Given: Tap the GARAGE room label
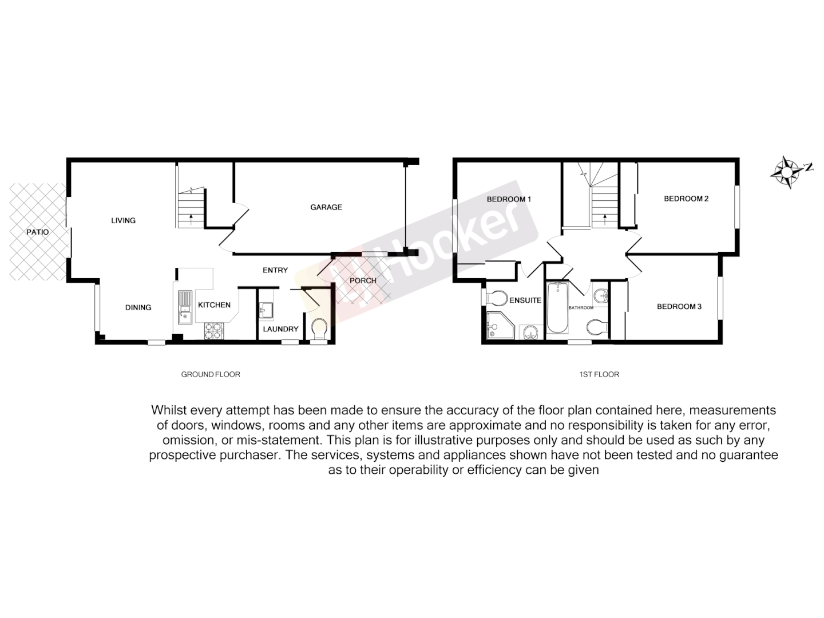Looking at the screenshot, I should pos(326,207).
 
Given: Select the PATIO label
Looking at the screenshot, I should pos(38,232).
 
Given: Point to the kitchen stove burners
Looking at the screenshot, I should pos(214,330).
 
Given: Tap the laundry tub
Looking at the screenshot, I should pos(267,310).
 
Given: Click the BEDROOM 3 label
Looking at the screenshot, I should pos(679,307).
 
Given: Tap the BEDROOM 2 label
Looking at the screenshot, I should pos(686,199).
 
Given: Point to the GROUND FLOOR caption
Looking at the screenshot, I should pos(211,374).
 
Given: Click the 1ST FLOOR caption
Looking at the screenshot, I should pos(599,374).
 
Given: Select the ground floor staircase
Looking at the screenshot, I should pos(191,209).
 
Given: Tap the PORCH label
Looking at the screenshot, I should pos(363,281).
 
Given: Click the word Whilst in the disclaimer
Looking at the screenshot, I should pos(169,410).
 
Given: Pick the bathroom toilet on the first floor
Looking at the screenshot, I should pos(597,327).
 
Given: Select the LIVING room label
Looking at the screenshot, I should pos(123,220).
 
